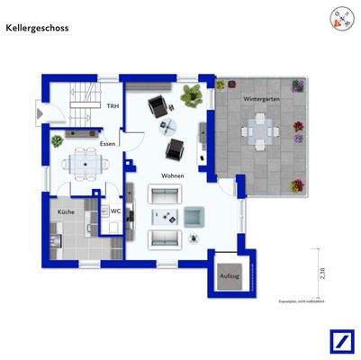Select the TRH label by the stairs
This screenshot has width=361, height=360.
coord(112,106)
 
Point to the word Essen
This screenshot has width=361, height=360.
coord(108,144)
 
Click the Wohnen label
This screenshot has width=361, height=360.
coord(174,175)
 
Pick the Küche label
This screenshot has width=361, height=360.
coord(66,211)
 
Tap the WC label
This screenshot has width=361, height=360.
coord(115,211)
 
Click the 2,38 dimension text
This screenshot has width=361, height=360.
coord(321,268)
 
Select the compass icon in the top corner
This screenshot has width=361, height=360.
coord(341,19)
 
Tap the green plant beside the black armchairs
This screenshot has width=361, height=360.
coord(191,94)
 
